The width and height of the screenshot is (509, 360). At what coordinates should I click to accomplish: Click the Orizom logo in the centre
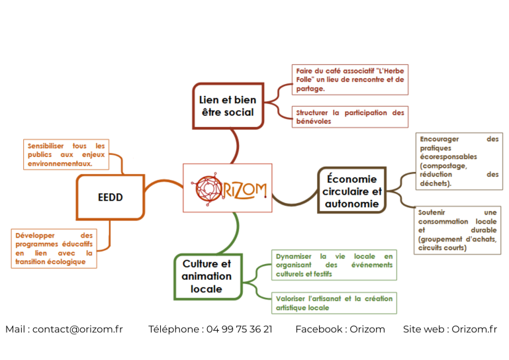click(227, 188)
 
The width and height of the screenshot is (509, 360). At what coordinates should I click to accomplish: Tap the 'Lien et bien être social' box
click(227, 106)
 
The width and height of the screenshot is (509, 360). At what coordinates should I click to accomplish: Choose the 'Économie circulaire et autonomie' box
click(351, 191)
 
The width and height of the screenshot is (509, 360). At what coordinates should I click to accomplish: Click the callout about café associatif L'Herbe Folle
click(349, 79)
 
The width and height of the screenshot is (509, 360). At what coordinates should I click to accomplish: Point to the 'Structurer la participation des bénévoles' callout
click(349, 116)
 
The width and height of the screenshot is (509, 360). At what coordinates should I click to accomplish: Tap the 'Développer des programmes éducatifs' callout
click(54, 248)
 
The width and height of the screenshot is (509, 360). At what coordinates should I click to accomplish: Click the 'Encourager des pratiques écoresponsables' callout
click(458, 161)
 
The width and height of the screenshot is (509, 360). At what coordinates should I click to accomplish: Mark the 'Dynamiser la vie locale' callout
click(334, 265)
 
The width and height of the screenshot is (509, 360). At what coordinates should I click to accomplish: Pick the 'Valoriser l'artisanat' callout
click(334, 303)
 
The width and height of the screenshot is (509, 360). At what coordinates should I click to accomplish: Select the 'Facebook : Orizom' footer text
click(340, 329)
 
